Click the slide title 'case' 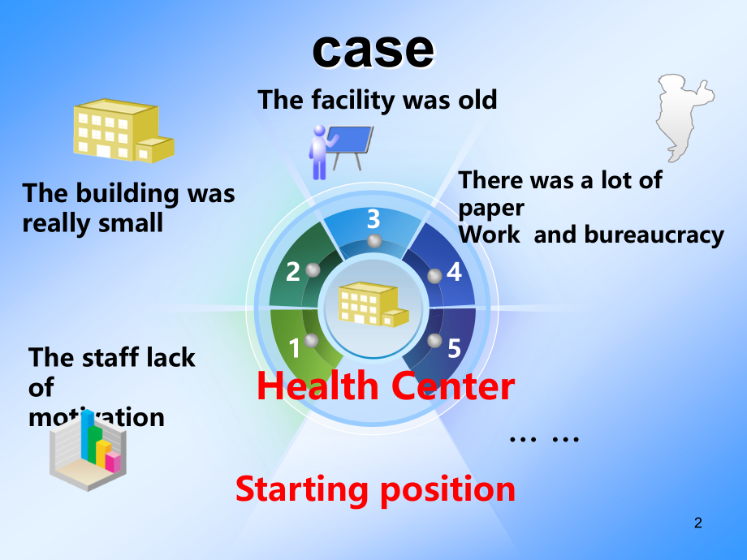[x=373, y=50]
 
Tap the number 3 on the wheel [x=373, y=219]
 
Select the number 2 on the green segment [x=293, y=272]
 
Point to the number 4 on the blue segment [x=454, y=273]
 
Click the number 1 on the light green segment [x=295, y=348]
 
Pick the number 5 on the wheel [x=455, y=348]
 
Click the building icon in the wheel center [x=373, y=304]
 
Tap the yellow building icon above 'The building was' [x=123, y=131]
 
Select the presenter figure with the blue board [x=340, y=152]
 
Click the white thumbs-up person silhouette [x=684, y=117]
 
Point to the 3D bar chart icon [x=89, y=450]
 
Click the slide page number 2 [x=698, y=523]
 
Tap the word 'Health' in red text [x=317, y=386]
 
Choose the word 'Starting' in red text [x=302, y=489]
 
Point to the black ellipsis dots [x=544, y=439]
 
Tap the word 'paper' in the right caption [x=491, y=209]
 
